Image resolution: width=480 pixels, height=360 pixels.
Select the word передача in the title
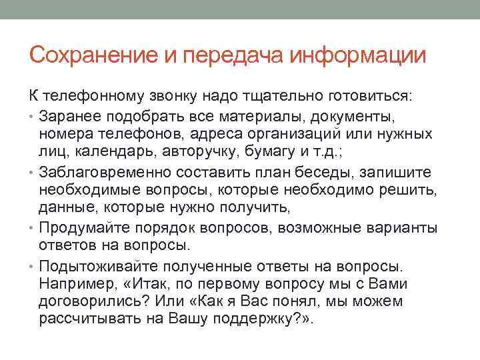(x=229, y=55)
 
